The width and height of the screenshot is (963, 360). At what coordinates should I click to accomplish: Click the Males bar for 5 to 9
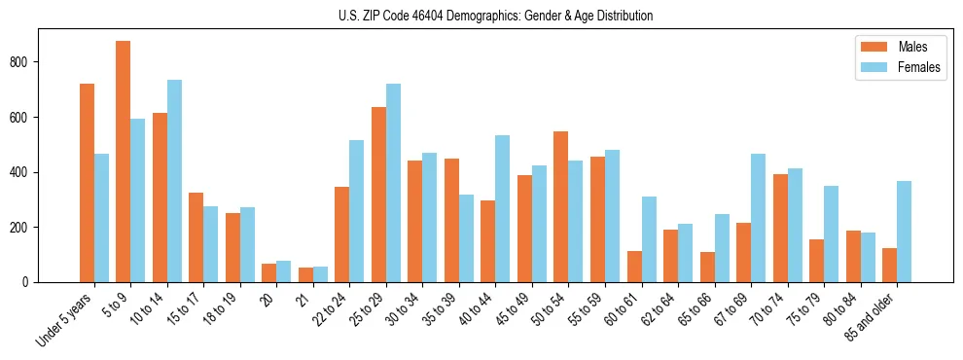click(x=124, y=162)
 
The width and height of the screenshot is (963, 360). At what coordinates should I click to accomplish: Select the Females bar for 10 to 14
click(x=174, y=181)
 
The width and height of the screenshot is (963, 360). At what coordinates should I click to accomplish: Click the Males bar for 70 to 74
click(x=780, y=228)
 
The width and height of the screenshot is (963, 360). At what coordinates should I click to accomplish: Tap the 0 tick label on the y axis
click(x=29, y=282)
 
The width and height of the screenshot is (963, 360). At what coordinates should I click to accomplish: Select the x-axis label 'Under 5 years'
click(x=64, y=319)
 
